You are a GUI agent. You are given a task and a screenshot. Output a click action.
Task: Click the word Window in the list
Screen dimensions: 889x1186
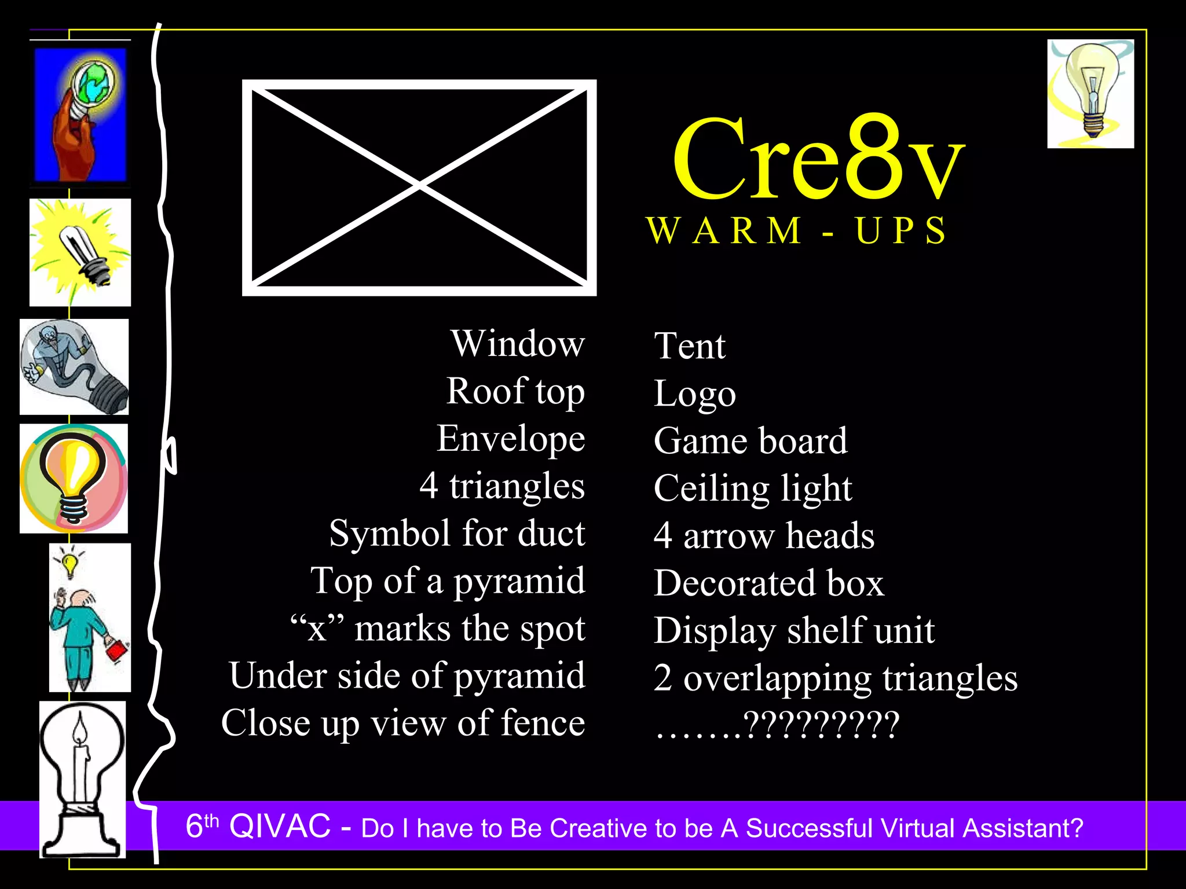click(518, 344)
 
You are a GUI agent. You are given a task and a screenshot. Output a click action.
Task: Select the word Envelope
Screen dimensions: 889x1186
click(511, 439)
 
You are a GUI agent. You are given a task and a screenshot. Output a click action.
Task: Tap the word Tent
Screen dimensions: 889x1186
click(689, 346)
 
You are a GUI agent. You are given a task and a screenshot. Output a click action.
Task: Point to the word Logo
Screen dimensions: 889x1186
click(694, 394)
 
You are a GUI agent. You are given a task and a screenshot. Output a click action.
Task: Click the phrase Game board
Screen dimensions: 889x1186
click(750, 441)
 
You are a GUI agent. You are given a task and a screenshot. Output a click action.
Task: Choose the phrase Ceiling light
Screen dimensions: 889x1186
click(752, 488)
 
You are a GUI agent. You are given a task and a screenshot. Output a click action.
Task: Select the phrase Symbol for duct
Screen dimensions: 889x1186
click(457, 533)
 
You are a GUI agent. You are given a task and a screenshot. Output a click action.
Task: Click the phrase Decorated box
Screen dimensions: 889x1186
click(768, 583)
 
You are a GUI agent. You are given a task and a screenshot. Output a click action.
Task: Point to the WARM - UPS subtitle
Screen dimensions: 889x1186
click(797, 230)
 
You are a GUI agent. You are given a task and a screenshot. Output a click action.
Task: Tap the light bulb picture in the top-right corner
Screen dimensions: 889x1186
click(1090, 93)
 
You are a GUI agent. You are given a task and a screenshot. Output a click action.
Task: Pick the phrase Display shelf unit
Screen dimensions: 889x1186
click(793, 630)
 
